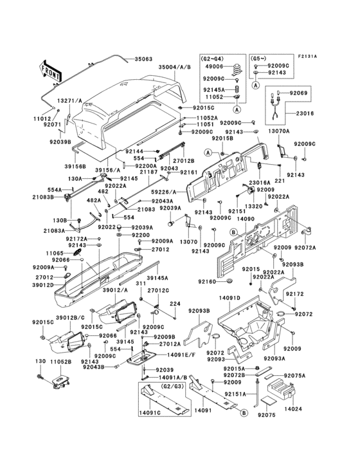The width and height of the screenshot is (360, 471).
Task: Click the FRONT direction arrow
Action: (x=51, y=69)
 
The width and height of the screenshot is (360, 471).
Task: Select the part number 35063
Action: (x=143, y=59)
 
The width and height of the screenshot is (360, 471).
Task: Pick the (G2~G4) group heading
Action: (x=215, y=57)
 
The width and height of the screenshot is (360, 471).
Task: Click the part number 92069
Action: (x=300, y=93)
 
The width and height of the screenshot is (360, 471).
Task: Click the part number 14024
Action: (x=292, y=409)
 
